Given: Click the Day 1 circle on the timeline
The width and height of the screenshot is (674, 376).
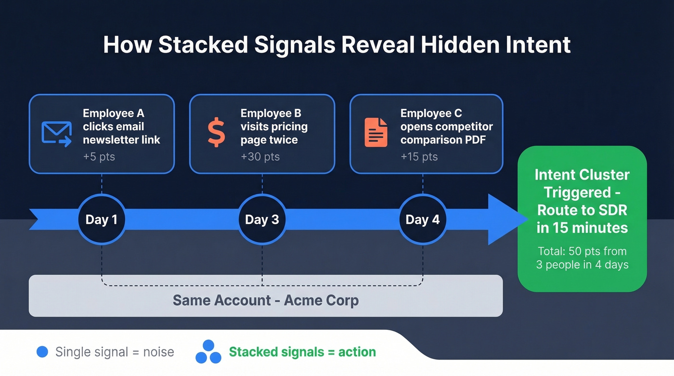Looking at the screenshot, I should [102, 220].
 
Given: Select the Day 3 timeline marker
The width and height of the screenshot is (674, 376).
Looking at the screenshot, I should [262, 220].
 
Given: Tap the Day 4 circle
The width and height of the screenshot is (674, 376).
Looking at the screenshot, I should [423, 220].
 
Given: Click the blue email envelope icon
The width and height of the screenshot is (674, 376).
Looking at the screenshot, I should [56, 133].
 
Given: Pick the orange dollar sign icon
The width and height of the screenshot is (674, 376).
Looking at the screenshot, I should [216, 133].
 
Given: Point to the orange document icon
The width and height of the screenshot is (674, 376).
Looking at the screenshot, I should [376, 132].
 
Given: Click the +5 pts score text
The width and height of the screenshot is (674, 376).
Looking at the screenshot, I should [99, 156].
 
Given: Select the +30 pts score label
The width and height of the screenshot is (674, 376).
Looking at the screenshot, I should [260, 156].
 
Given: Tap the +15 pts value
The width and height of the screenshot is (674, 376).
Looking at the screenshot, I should [419, 156].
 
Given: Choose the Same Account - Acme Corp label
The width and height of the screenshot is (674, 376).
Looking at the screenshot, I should [265, 300].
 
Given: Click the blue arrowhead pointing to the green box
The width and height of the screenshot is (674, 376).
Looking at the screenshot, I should [505, 220].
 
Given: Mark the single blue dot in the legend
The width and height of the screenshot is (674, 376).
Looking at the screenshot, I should [42, 352].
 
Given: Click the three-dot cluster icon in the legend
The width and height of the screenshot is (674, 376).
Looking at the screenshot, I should [208, 352].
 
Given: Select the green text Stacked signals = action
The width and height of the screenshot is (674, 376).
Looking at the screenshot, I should [302, 352].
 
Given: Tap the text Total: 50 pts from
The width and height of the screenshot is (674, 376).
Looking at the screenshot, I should [582, 251].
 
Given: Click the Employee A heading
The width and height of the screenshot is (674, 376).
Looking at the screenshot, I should [113, 114].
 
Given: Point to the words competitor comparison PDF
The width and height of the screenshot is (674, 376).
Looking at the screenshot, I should [446, 133].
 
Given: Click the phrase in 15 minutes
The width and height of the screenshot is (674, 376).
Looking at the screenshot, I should [582, 227].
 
